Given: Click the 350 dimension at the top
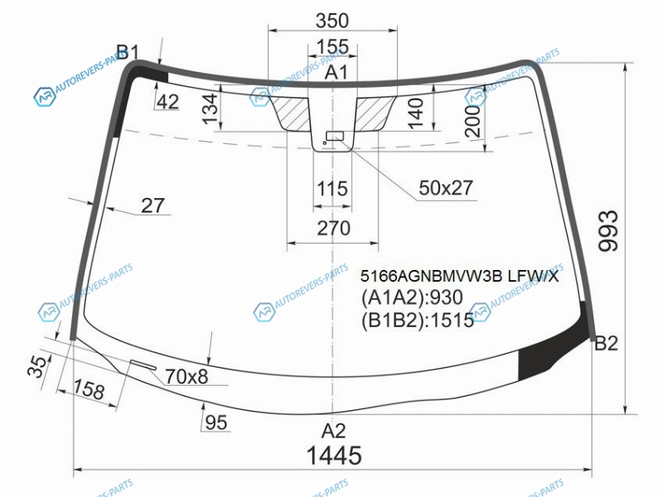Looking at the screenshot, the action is click(x=332, y=20).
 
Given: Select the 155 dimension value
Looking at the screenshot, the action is click(x=332, y=46).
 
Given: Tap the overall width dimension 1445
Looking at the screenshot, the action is click(x=334, y=455).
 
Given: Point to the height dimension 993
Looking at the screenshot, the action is click(x=609, y=231).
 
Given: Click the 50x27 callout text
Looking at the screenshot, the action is click(x=446, y=188).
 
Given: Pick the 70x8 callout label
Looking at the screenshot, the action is click(x=186, y=376).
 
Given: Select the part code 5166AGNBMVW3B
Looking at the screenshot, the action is click(x=431, y=277).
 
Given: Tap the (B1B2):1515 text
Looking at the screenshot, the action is click(x=418, y=320).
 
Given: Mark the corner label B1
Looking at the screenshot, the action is click(x=128, y=52).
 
